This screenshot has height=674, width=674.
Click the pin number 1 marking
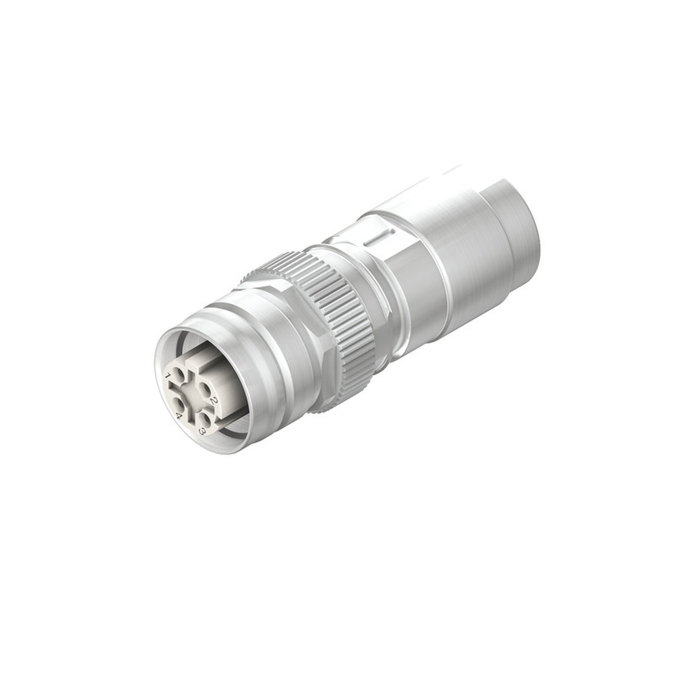167,375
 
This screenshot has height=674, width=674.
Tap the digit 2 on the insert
214,401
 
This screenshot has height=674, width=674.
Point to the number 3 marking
202,431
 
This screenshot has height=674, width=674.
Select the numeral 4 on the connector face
179,416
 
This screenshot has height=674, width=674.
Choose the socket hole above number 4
177,403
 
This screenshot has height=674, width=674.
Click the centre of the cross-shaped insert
190,395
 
